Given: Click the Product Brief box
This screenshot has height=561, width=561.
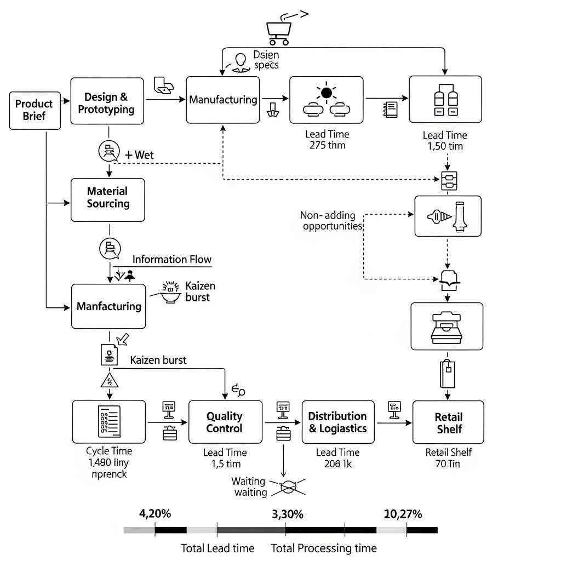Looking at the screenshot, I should pyautogui.click(x=35, y=110).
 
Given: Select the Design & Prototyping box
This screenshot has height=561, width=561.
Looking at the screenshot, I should pyautogui.click(x=110, y=104).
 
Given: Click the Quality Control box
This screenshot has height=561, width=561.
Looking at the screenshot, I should pyautogui.click(x=224, y=422).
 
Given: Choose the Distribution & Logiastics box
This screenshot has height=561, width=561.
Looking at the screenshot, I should pyautogui.click(x=338, y=422).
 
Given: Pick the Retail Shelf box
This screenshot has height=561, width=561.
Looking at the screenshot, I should pyautogui.click(x=448, y=422).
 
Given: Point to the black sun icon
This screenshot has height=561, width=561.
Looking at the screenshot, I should pyautogui.click(x=327, y=93).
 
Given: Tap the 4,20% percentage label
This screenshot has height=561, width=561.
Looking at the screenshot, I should pyautogui.click(x=155, y=514).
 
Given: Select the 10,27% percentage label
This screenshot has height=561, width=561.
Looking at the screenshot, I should pyautogui.click(x=403, y=514).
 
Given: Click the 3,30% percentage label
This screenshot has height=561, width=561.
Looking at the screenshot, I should pyautogui.click(x=287, y=514).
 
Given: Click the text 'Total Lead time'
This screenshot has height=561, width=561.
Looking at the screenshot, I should pyautogui.click(x=217, y=548).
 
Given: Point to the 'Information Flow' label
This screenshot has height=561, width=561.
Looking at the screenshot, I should pyautogui.click(x=172, y=260).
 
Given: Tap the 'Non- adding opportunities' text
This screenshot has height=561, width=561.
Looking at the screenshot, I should pyautogui.click(x=331, y=221).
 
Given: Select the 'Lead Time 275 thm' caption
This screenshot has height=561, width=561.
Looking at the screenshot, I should pyautogui.click(x=327, y=140).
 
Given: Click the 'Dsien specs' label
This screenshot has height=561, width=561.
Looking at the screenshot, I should pyautogui.click(x=266, y=60).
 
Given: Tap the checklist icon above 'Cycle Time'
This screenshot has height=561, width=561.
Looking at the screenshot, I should pyautogui.click(x=108, y=421).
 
